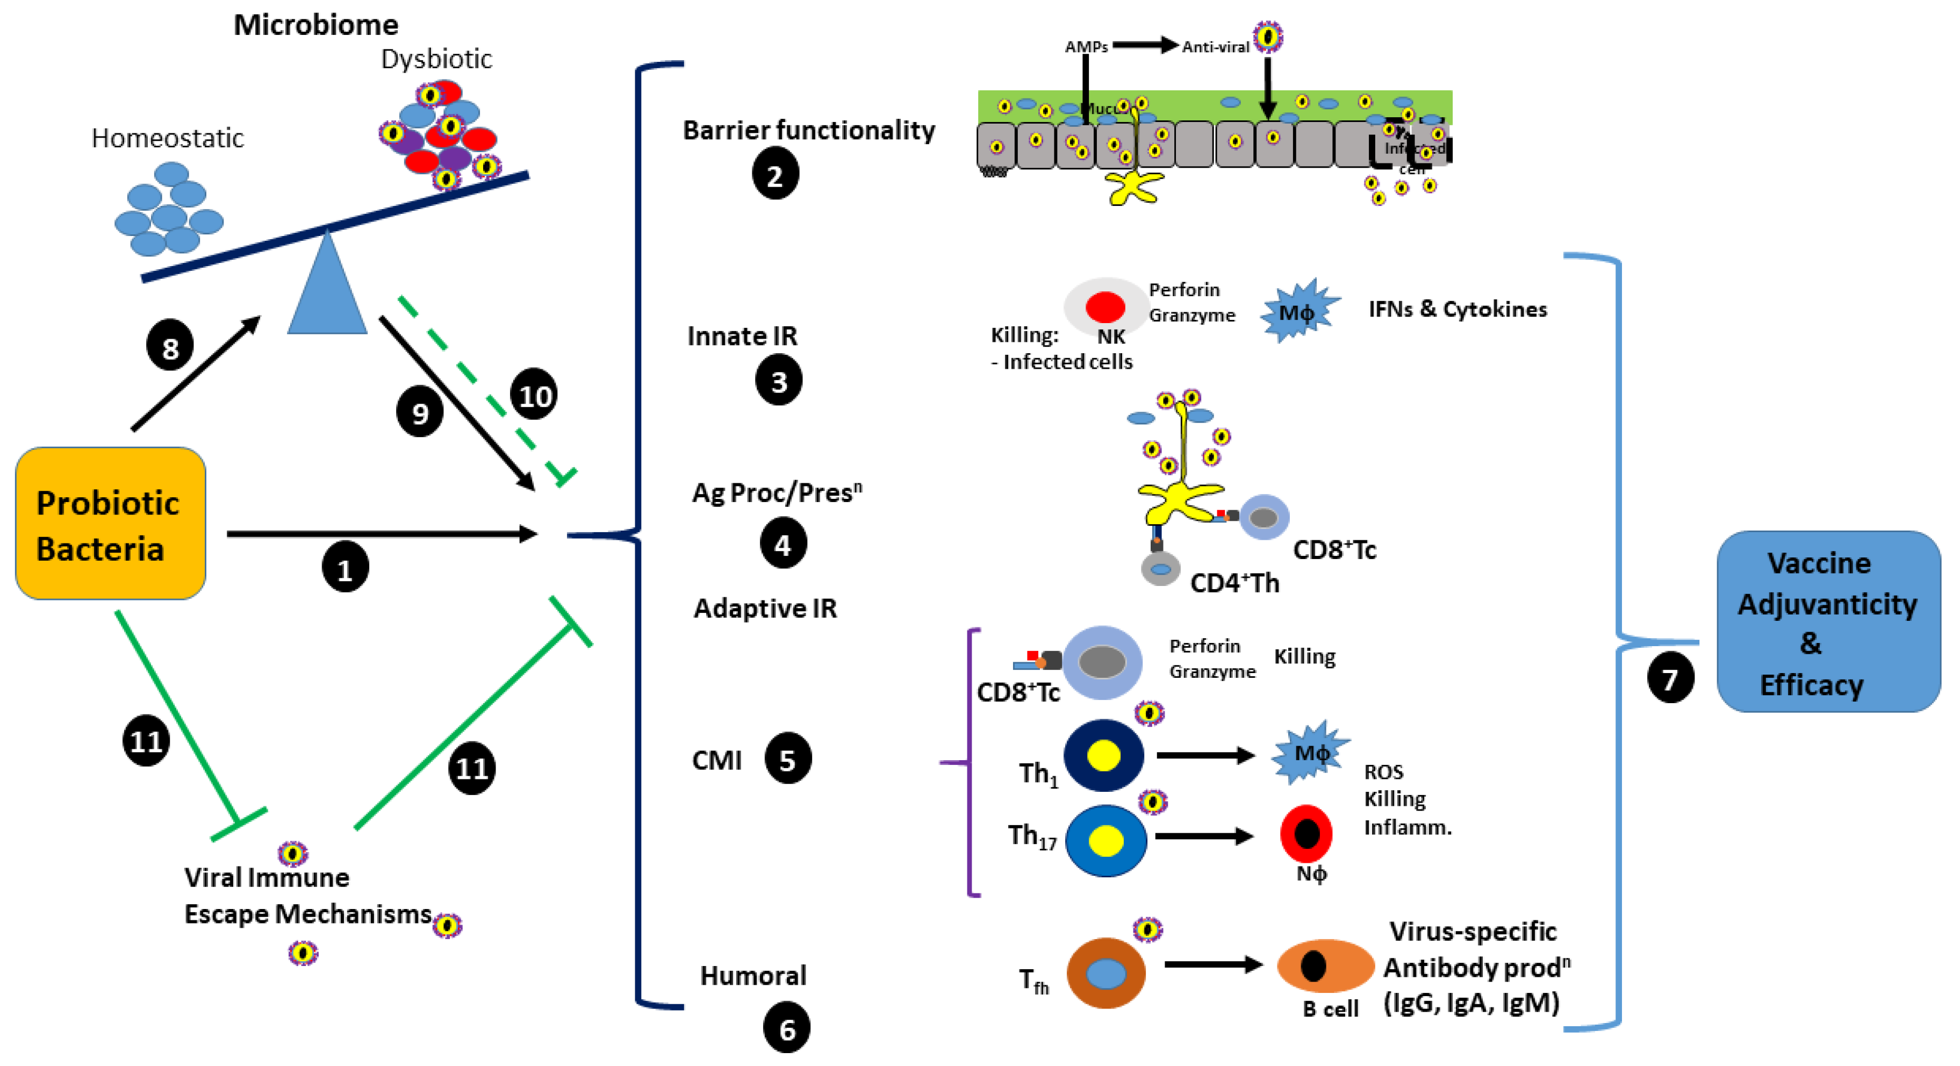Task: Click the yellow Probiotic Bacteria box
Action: pos(110,524)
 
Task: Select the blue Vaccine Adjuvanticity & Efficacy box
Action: pos(1828,621)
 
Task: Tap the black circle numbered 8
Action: pos(170,346)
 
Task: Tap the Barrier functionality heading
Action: pos(808,130)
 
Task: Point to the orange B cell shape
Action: pos(1325,965)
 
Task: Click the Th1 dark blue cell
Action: pos(1103,756)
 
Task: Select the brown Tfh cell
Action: pos(1105,973)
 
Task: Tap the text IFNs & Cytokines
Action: pos(1457,309)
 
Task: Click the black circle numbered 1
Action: pos(344,568)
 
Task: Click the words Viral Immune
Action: pos(267,877)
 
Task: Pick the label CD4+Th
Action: pos(1234,583)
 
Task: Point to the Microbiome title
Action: pos(316,25)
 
